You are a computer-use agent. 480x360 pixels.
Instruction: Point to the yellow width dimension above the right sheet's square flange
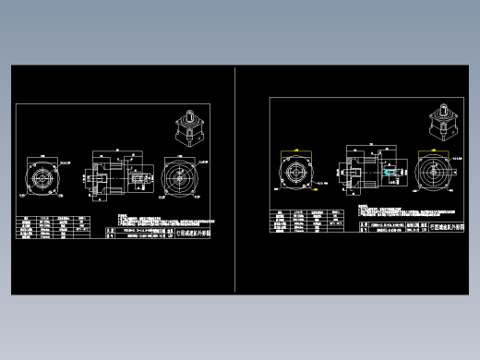tap(296, 148)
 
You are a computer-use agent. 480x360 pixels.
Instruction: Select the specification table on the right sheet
tap(308, 222)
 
